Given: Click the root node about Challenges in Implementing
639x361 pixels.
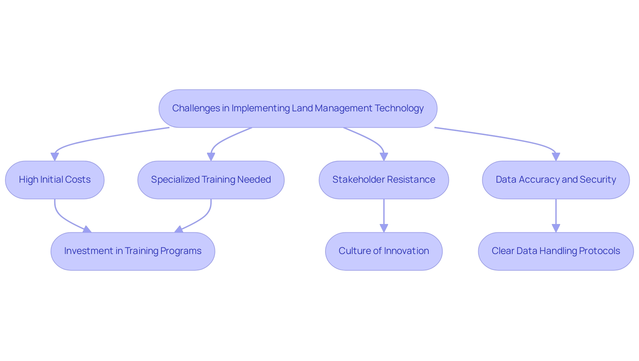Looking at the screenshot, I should click(x=298, y=108).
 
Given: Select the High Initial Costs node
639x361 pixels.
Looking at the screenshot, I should click(x=55, y=180).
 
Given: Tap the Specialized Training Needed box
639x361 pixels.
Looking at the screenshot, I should click(x=211, y=180).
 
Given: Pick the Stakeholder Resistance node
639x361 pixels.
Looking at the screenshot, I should click(x=384, y=180).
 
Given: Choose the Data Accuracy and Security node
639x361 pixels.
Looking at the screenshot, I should click(x=556, y=180).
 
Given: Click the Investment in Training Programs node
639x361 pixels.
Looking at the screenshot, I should click(x=133, y=251).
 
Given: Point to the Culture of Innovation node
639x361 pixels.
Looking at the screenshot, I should click(x=384, y=251).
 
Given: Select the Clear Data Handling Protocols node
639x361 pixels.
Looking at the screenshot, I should click(x=556, y=251).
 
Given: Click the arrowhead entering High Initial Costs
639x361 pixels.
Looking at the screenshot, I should click(x=55, y=157).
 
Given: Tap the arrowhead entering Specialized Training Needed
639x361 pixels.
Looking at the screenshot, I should click(x=211, y=157).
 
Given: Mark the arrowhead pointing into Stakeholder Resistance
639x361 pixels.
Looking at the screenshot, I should click(x=384, y=157).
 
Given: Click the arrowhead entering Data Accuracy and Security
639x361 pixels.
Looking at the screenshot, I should click(x=556, y=157).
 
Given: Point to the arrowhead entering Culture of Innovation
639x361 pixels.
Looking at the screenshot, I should click(x=384, y=228).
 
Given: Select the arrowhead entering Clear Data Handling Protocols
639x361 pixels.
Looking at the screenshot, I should click(x=556, y=228).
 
